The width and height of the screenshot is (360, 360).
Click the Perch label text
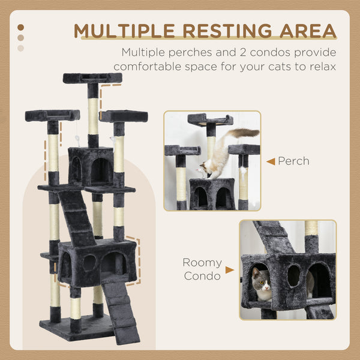pos(293,161)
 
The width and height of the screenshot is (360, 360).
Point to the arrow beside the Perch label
pos(271,161)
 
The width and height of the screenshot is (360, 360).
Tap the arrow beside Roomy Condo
pos(230,271)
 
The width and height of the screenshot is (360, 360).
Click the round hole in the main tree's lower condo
pos(89,263)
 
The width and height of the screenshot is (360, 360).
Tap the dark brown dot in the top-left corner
pos(21,27)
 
